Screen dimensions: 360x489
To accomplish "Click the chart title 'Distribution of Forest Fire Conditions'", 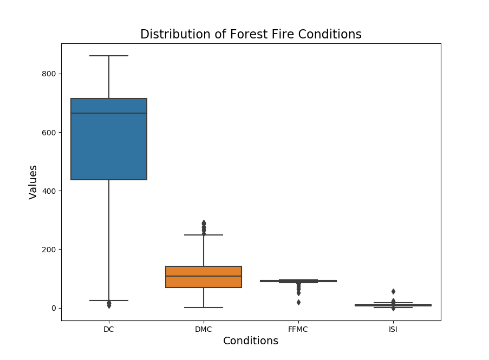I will (251, 35).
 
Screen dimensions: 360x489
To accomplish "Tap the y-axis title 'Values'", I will (34, 182).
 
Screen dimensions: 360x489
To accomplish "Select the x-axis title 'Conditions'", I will (251, 341).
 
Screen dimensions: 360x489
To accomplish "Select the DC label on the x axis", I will (109, 329).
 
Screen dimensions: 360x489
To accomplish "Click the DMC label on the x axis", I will (204, 329).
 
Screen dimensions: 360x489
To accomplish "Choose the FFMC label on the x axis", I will (298, 329).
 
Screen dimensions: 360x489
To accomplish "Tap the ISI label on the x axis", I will (393, 329).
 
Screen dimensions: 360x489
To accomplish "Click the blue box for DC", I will (109, 152).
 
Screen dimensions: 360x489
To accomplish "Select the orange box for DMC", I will (204, 282).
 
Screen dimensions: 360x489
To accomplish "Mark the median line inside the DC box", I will (109, 113).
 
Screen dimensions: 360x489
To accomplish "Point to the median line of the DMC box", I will (204, 276).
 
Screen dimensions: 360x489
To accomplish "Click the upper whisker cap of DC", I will (109, 56).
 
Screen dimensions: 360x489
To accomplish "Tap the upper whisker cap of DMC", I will (204, 235).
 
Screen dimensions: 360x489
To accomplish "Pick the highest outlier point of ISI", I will (393, 291).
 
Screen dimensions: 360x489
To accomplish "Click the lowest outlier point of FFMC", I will (298, 302).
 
